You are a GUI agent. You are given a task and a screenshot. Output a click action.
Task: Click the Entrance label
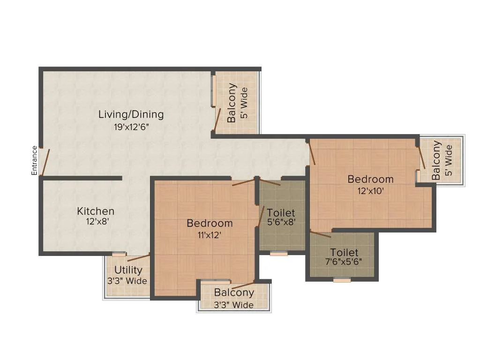tap(34, 161)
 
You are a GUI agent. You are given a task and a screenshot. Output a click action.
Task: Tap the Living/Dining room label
tap(131, 114)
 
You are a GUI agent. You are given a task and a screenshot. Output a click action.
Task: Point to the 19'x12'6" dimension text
tap(132, 127)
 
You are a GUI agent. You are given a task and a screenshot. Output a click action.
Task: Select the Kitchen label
tap(96, 211)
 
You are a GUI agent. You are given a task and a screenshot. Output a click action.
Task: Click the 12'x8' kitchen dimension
tap(97, 221)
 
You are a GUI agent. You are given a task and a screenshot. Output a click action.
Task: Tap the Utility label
tap(128, 270)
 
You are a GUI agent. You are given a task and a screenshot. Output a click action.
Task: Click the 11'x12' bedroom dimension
tap(210, 235)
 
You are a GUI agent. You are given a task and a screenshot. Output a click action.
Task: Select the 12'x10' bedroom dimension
tap(370, 191)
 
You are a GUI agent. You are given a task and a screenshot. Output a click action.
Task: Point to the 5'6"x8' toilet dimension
tap(281, 222)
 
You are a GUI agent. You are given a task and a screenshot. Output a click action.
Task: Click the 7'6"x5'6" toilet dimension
tap(344, 262)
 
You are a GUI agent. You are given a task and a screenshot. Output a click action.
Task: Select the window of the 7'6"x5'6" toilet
tap(342, 280)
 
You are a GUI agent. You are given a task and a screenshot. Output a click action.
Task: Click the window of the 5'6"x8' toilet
tap(278, 254)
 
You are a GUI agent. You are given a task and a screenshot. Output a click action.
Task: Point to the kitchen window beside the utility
tap(119, 254)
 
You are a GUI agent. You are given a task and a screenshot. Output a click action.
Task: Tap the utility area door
tap(138, 257)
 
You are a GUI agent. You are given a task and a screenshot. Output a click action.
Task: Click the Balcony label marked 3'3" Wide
tap(234, 292)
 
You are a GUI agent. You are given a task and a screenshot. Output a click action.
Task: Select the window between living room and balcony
tap(214, 90)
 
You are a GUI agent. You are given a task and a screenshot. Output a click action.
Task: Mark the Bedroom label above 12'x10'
tap(370, 179)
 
